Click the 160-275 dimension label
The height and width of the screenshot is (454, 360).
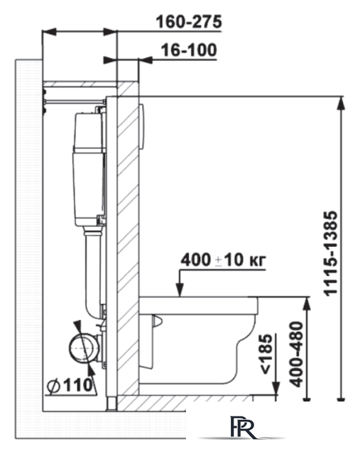coord(189,22)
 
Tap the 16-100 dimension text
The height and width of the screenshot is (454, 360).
coord(189,50)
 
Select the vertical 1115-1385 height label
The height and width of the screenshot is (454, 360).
coord(331,253)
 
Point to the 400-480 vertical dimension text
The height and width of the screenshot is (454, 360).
coord(297,354)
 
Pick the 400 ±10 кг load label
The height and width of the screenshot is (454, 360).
coord(223,260)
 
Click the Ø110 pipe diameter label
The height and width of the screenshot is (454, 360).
coord(70,385)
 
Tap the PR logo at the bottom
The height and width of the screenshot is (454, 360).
coord(244,428)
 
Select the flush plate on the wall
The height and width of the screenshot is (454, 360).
coord(142,126)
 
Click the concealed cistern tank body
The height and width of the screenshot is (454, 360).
coord(89,170)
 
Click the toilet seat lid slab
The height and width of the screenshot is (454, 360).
coord(199,306)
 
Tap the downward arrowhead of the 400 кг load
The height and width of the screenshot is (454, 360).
coord(180,290)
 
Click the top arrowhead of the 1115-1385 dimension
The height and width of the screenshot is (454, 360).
coord(342,103)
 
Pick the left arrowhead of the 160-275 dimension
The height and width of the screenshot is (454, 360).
coord(49,31)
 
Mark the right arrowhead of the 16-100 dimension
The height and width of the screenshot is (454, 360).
coord(146,60)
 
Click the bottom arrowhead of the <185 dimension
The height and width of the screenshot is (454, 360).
coord(276,388)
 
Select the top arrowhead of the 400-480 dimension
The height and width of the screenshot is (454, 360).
coord(307,304)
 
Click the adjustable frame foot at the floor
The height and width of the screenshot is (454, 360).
coord(111,403)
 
